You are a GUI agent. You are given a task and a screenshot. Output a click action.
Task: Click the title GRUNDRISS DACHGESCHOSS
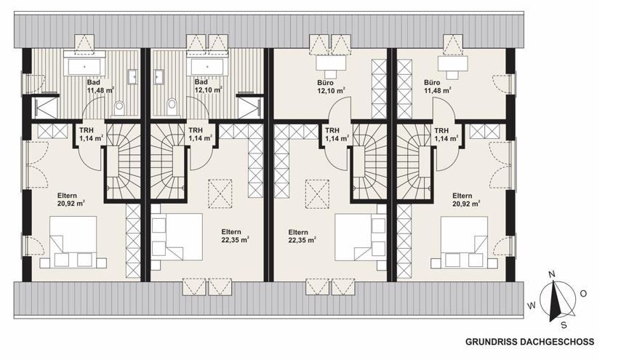529,342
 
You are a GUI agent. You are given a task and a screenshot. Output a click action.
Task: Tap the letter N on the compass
552,274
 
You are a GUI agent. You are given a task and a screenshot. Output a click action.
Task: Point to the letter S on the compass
564,325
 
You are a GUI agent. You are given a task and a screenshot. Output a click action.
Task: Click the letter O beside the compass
583,294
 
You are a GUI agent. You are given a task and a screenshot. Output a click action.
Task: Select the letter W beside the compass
532,306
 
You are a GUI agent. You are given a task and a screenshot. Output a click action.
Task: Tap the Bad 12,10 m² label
208,87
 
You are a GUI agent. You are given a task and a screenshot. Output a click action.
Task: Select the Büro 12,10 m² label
332,87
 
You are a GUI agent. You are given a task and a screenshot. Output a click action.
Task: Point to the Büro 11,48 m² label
437,87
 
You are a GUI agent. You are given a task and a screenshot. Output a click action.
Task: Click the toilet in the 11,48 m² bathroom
119,108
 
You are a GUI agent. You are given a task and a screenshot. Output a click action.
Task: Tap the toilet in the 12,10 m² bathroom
172,106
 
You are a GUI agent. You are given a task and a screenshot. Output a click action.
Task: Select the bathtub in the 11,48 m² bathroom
84,66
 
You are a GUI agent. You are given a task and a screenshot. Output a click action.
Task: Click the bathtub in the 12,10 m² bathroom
207,66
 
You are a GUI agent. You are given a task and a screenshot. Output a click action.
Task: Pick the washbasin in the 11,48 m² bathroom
132,76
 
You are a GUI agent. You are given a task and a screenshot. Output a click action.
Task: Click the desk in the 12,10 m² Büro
331,63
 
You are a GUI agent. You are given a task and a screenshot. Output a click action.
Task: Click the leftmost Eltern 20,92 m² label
71,199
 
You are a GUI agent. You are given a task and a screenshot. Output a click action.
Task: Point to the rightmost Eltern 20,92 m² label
466,199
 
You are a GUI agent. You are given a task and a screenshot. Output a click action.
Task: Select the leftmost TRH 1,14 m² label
92,135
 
